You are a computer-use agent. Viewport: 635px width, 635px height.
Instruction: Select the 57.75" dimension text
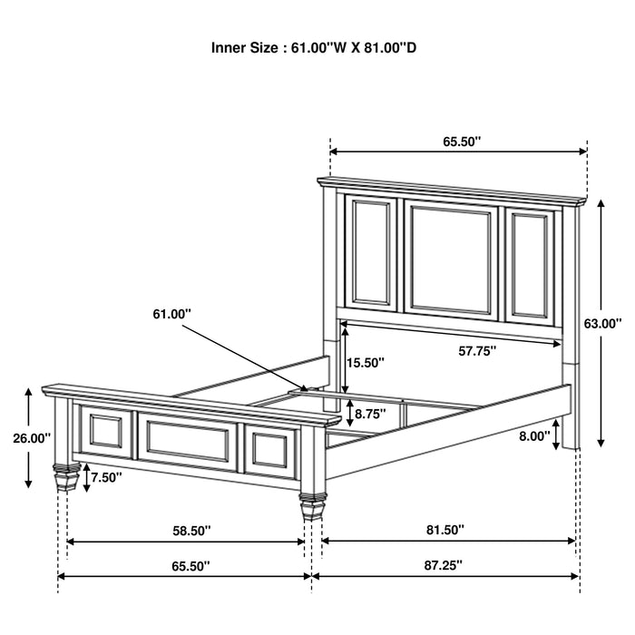click(x=475, y=351)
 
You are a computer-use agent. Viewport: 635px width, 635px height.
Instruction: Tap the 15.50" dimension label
click(x=366, y=362)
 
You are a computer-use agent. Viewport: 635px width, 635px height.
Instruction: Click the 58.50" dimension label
click(x=188, y=529)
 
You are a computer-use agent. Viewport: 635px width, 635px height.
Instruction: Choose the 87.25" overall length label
click(x=442, y=564)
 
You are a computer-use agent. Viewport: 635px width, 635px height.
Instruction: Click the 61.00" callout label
click(x=172, y=314)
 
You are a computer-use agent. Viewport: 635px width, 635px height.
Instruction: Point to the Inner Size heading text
click(x=314, y=48)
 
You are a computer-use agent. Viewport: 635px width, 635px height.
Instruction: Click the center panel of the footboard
click(x=189, y=441)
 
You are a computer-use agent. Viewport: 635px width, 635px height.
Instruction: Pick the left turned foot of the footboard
click(x=64, y=476)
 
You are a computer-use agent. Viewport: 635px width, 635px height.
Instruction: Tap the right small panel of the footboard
click(x=272, y=450)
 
